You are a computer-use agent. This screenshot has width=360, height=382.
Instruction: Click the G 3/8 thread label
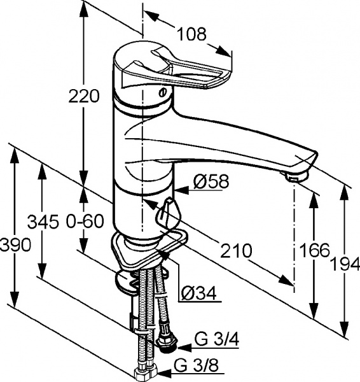191,367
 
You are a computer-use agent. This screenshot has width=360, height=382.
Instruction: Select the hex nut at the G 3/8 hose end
142,372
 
